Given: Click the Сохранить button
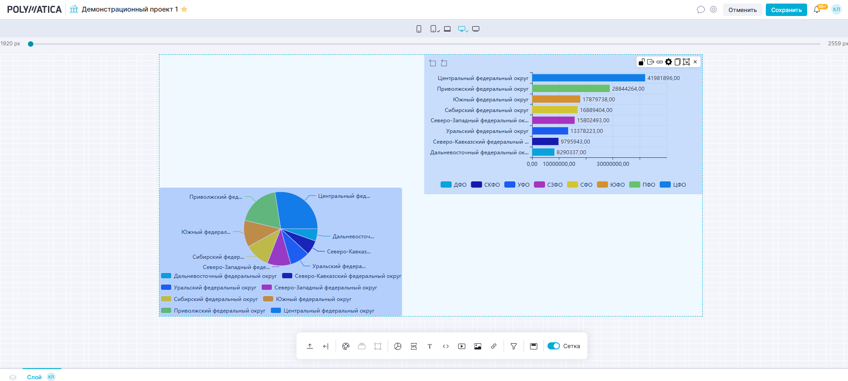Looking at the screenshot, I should coord(786,10).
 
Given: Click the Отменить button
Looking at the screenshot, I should coord(742,10).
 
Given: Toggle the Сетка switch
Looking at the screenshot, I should coord(553,346).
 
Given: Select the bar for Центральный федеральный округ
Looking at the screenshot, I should coord(588,78).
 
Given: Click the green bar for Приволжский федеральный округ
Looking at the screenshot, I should coord(571,88).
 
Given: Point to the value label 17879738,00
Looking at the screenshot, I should coord(598,100).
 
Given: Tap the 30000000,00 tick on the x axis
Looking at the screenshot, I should coord(613,164).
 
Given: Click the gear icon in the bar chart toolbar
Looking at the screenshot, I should coord(669,62).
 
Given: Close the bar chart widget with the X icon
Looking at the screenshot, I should coord(695,62).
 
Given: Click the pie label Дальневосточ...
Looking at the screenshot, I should coord(353,237).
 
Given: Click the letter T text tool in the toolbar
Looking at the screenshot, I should coord(430,346).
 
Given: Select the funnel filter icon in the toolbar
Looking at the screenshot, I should coord(514,346).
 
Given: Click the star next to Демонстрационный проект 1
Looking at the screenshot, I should coord(184,9).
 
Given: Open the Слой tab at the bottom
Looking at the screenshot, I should coord(34,377).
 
